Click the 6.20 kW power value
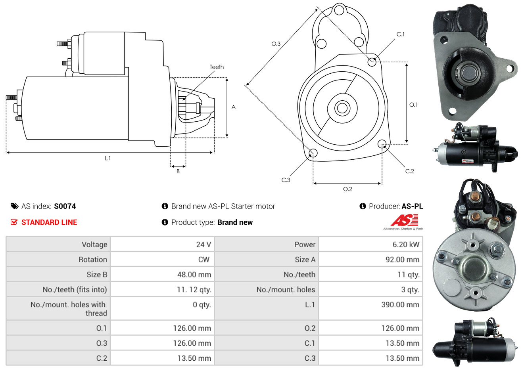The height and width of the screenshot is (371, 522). tap(406, 245)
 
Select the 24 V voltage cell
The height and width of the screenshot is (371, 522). tap(203, 245)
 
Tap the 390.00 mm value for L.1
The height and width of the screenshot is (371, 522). tap(400, 305)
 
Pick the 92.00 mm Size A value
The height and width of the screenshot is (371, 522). tap(402, 260)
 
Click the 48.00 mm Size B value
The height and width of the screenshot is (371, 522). tap(194, 275)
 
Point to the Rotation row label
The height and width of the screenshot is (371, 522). tap(93, 260)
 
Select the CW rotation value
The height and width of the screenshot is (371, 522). tap(203, 260)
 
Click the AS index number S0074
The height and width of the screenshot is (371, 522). tap(65, 206)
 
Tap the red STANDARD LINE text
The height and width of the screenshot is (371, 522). tap(49, 222)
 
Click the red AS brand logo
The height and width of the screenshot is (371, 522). tap(404, 220)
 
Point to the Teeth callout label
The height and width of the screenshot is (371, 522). tap(217, 67)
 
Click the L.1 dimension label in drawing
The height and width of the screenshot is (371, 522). tap(107, 158)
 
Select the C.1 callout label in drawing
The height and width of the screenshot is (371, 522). tap(401, 34)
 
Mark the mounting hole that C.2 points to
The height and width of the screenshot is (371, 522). tap(382, 143)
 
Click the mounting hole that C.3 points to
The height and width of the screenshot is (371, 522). tap(313, 153)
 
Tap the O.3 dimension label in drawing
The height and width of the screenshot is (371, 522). tap(276, 44)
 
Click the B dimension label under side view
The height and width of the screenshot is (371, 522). tap(178, 171)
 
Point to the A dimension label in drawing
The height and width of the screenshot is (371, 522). tap(233, 107)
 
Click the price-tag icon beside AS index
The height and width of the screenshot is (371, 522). tap(15, 206)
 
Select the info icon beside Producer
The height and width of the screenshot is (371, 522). tap(363, 206)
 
